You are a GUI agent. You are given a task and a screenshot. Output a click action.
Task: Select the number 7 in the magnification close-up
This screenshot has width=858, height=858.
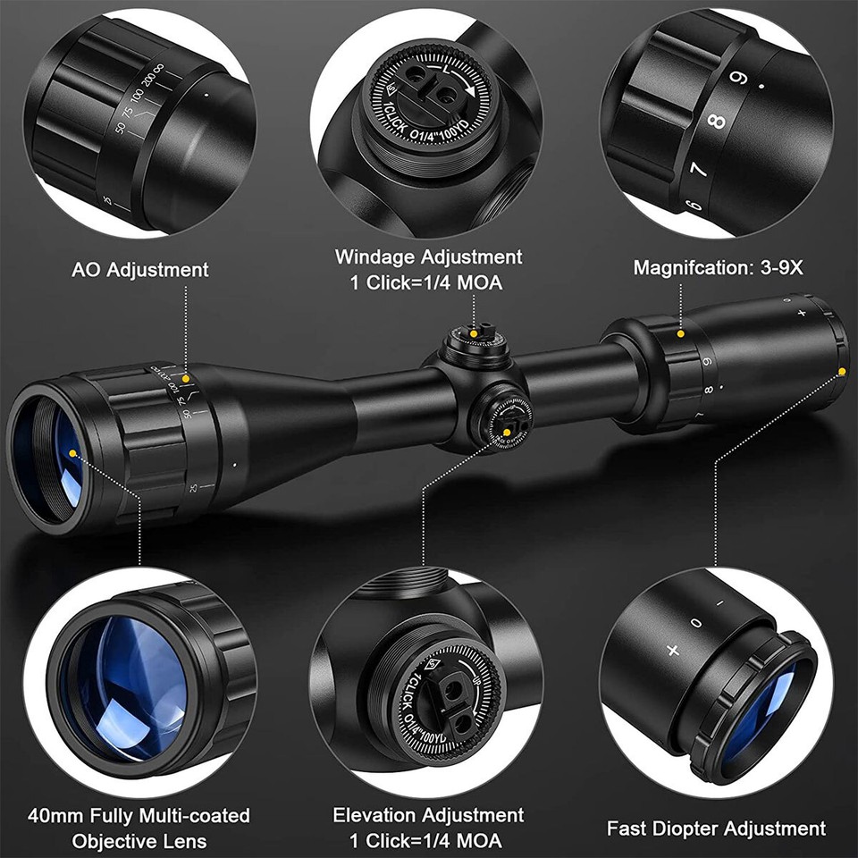pyautogui.click(x=698, y=167)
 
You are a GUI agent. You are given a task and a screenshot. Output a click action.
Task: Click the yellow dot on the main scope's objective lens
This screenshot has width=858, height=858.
pyautogui.click(x=72, y=454)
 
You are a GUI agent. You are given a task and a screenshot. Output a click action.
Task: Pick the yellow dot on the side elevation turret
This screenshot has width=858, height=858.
pyautogui.click(x=508, y=433)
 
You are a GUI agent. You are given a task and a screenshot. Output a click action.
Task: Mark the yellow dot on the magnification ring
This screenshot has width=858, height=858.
pyautogui.click(x=681, y=333)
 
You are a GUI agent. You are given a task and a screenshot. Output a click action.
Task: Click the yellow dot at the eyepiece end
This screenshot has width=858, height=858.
pyautogui.click(x=842, y=371)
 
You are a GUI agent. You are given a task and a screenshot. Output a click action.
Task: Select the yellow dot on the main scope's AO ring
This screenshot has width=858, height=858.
pyautogui.click(x=186, y=380)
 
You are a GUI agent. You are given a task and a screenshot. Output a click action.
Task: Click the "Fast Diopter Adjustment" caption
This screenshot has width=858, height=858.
pyautogui.click(x=716, y=829)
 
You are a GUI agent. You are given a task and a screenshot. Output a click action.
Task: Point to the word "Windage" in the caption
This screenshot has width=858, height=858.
pyautogui.click(x=376, y=257)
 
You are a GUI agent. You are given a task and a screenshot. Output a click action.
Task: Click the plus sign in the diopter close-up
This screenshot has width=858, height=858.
pyautogui.click(x=672, y=650)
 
